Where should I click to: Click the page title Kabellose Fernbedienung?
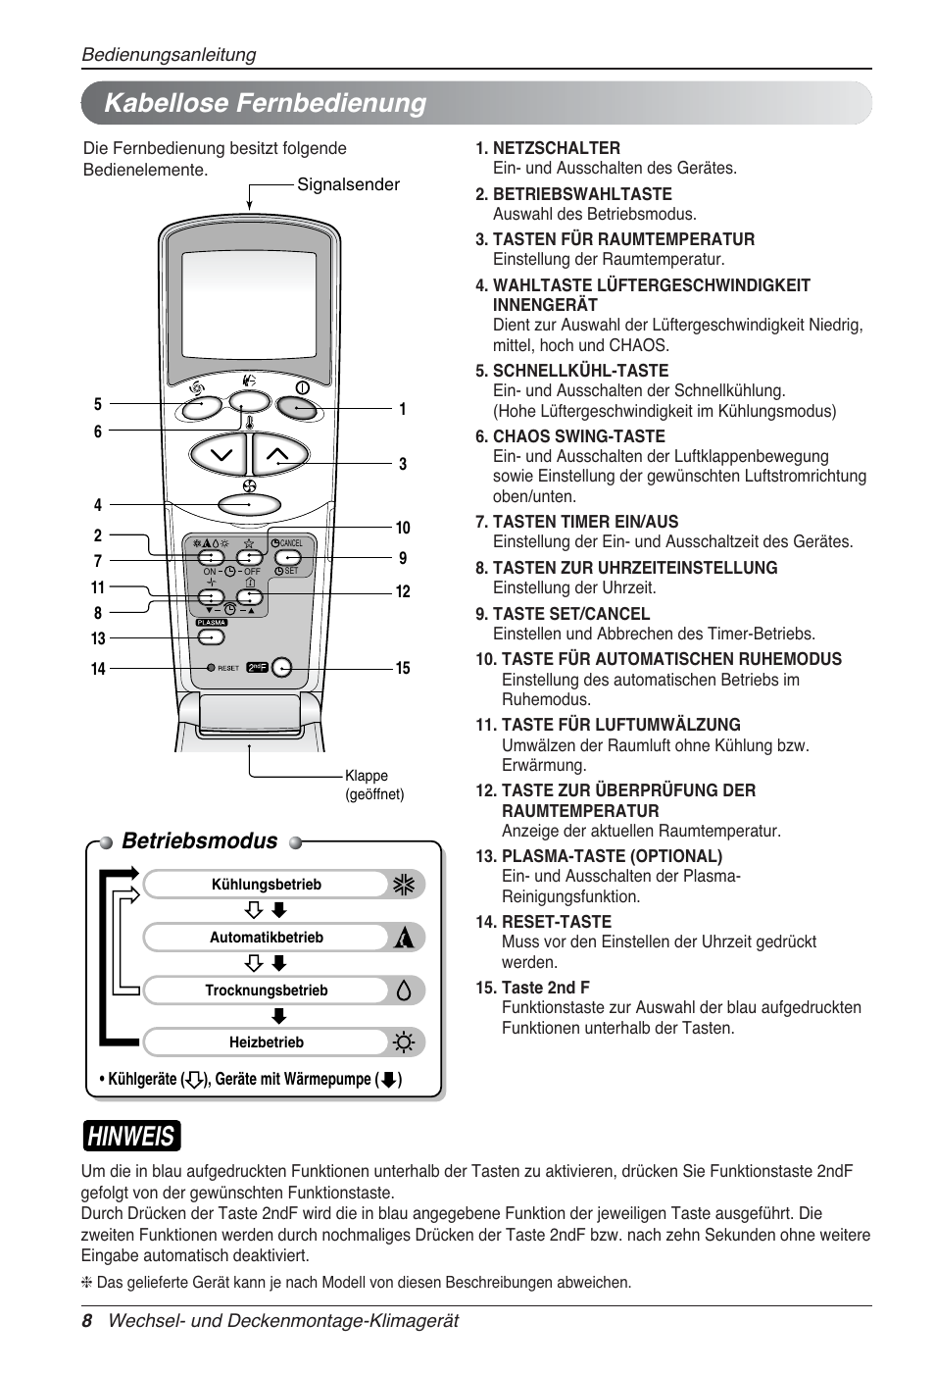pyautogui.click(x=265, y=103)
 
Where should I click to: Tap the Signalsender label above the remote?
pyautogui.click(x=348, y=184)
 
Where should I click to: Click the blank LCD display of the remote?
pyautogui.click(x=249, y=305)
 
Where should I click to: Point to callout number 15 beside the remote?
pyautogui.click(x=403, y=668)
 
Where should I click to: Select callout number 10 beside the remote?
pyautogui.click(x=403, y=528)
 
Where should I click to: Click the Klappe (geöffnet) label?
pyautogui.click(x=373, y=785)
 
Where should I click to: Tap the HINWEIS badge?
pyautogui.click(x=131, y=1136)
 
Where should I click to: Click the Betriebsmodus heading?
pyautogui.click(x=200, y=840)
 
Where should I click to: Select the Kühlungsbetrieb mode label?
pyautogui.click(x=266, y=885)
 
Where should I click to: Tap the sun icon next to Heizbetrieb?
pyautogui.click(x=404, y=1042)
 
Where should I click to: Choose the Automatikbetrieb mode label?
pyautogui.click(x=266, y=938)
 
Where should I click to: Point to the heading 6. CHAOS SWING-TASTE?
pyautogui.click(x=569, y=436)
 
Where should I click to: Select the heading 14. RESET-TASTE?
pyautogui.click(x=543, y=922)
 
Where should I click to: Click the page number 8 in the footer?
pyautogui.click(x=86, y=1321)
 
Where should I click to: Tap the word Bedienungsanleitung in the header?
pyautogui.click(x=169, y=55)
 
